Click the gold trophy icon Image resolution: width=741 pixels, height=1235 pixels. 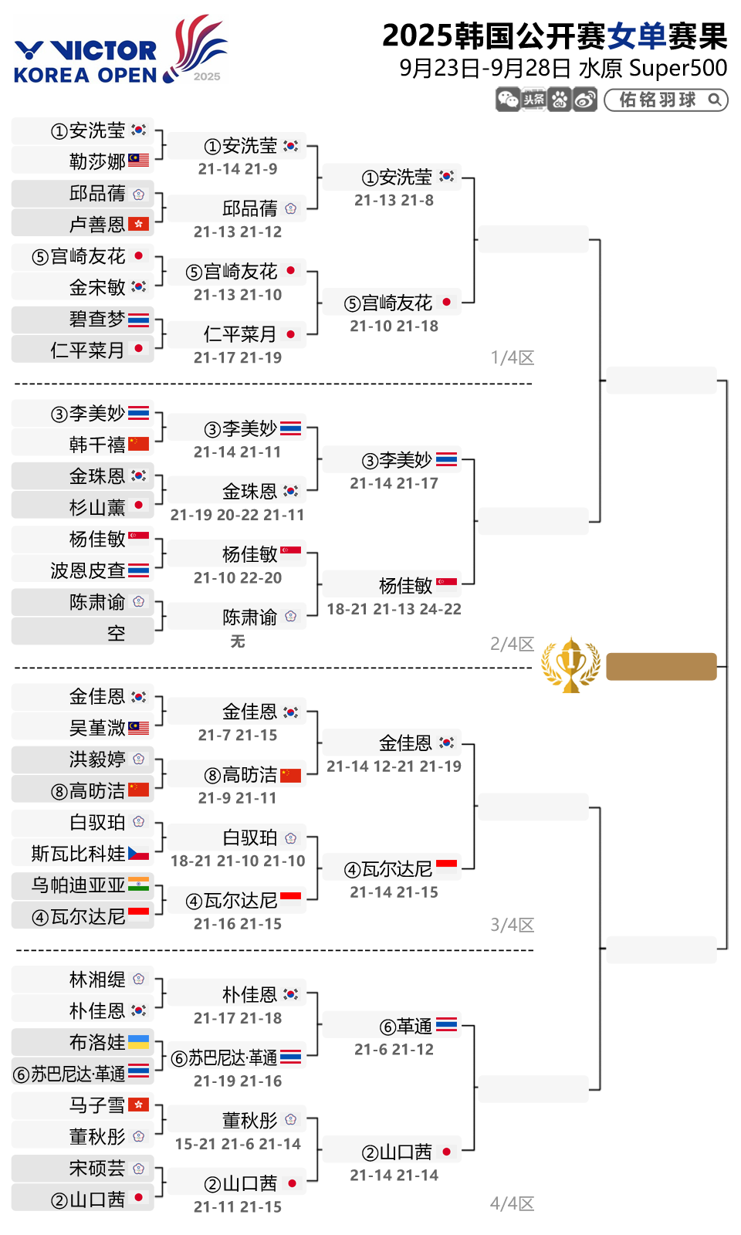coord(570,665)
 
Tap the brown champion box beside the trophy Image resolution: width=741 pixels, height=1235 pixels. coord(661,667)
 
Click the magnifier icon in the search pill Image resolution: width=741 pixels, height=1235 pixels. coord(715,100)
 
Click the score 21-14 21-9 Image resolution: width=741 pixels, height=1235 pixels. coord(238,169)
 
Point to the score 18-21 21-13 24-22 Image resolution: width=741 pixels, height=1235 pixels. coord(394,609)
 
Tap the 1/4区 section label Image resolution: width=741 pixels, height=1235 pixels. coord(513,358)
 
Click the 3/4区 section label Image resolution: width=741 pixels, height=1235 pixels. coord(513,925)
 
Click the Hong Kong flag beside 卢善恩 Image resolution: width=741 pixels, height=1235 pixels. coord(138,224)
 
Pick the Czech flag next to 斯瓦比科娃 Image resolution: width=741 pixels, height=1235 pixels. coord(138,853)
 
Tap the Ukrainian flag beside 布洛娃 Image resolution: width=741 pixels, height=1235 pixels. coord(138,1042)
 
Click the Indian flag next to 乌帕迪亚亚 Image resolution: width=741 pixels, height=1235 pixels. coord(138,885)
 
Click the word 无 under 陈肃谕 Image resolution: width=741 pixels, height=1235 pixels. coord(238,641)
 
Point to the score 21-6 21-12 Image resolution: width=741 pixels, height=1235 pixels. coord(394,1050)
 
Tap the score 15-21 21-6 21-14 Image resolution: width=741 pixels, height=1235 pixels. coord(238,1144)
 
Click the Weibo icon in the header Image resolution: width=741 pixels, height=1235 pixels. coord(585,100)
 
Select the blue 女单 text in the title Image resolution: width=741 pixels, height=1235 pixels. coord(636,36)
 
